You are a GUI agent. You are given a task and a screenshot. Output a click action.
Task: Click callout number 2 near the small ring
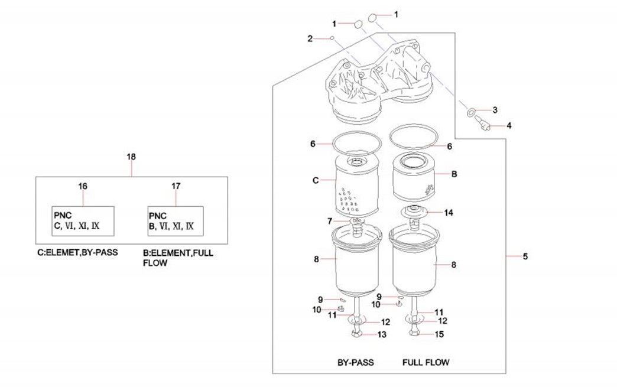310,38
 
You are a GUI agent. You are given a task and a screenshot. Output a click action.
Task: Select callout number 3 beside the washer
495,110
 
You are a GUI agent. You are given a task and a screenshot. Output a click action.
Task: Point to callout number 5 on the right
525,256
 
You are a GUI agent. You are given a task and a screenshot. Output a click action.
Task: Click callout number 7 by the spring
330,221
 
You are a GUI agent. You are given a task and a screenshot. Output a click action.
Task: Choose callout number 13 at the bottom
382,335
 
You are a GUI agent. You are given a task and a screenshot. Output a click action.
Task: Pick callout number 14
449,212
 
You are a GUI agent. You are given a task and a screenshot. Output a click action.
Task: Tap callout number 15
440,335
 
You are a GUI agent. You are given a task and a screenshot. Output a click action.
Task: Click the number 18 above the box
131,157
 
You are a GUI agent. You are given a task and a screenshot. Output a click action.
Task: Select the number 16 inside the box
83,186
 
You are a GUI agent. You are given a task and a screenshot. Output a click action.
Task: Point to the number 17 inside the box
176,186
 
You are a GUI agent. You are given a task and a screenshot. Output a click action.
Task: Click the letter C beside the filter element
316,180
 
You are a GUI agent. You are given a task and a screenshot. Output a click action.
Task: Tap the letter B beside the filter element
454,174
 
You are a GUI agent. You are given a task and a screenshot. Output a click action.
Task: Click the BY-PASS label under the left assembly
355,362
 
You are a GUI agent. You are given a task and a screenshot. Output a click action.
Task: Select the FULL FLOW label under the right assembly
426,362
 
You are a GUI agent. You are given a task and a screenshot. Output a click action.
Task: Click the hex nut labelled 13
356,335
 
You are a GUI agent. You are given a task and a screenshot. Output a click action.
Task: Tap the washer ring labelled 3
470,111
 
